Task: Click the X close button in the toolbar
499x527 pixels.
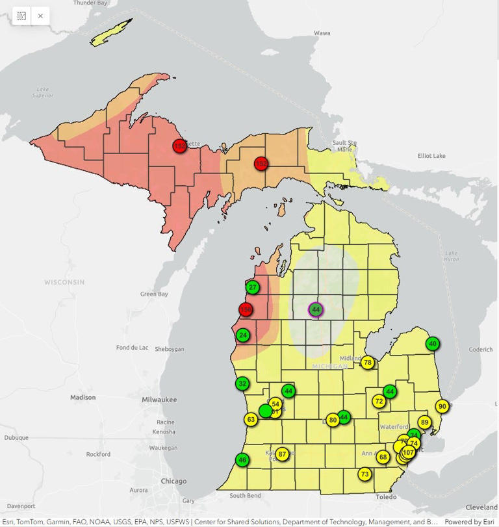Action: [x=40, y=16]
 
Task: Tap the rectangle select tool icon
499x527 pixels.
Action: [x=21, y=16]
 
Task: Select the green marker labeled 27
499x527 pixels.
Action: [x=253, y=287]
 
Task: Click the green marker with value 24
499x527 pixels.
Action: [x=243, y=335]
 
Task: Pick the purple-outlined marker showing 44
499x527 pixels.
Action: [x=316, y=310]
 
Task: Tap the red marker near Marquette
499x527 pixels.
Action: [x=179, y=146]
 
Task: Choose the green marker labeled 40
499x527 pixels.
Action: [x=433, y=344]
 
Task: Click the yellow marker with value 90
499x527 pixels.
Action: [x=442, y=407]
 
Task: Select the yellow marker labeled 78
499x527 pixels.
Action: [x=368, y=363]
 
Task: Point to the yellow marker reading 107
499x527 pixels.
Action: [x=408, y=452]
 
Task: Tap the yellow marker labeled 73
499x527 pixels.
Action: [x=365, y=474]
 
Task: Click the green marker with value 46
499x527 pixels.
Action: [x=242, y=460]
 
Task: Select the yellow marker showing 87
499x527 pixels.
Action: [x=282, y=454]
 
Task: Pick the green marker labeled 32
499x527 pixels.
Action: [x=242, y=384]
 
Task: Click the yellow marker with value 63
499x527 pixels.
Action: [x=251, y=420]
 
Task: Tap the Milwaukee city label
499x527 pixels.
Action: [x=159, y=400]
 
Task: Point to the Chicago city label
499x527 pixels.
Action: [x=173, y=482]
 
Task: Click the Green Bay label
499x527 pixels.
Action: [x=154, y=294]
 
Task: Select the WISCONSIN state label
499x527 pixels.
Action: [x=64, y=282]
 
